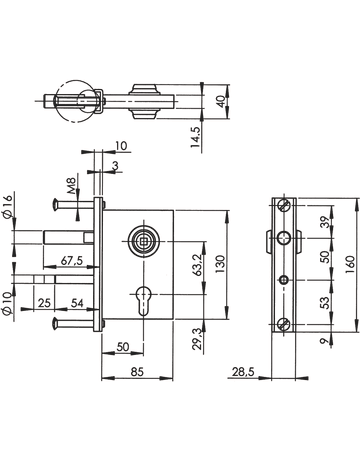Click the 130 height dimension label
pos(220,264)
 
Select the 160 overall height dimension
pos(350,265)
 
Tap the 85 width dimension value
pos(137,371)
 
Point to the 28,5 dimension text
pos(243,372)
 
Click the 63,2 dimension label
pos(198,265)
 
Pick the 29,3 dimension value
pos(198,338)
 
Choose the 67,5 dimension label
pos(72,260)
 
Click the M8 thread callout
pos(72,185)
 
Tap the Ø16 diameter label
pos(7,206)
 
